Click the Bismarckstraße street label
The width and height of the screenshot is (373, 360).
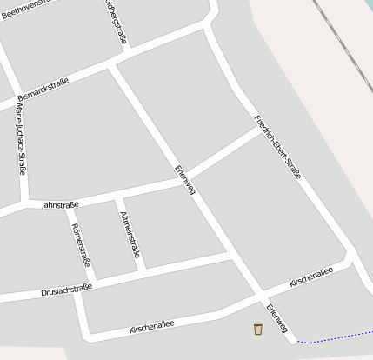click(43, 89)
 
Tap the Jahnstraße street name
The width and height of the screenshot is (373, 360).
click(60, 204)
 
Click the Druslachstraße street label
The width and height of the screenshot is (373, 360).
click(66, 290)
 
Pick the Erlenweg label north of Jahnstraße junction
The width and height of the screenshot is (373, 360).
click(184, 177)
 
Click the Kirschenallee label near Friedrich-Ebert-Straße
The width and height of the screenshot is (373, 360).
click(310, 276)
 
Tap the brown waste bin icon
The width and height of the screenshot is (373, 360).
click(257, 329)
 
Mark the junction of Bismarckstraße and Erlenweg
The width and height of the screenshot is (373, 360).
click(113, 66)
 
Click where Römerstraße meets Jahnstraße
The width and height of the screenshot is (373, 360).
click(65, 204)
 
